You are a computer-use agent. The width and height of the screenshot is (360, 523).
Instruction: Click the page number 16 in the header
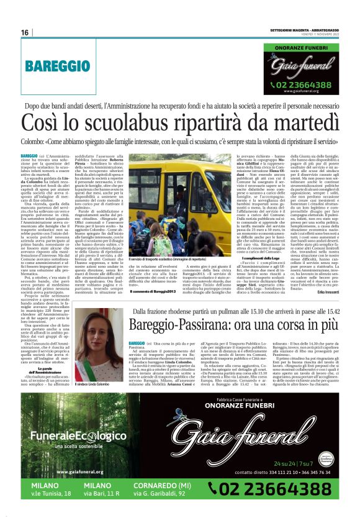(24, 32)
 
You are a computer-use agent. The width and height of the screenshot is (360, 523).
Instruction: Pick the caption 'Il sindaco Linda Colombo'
(94, 384)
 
